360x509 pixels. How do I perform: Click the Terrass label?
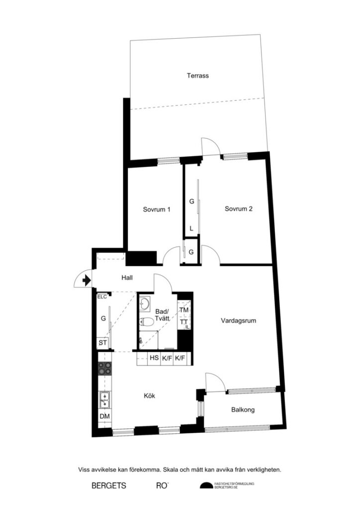tap(197, 76)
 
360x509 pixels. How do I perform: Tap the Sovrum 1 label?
tap(157, 209)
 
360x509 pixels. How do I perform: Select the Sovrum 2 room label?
tap(239, 209)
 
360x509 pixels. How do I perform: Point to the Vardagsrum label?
tap(239, 321)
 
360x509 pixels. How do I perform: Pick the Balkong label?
tap(243, 410)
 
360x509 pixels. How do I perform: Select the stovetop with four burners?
tap(104, 368)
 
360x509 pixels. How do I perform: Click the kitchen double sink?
tap(104, 397)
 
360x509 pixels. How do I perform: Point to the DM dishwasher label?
tap(104, 417)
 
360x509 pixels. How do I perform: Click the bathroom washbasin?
tap(145, 303)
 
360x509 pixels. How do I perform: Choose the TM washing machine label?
tap(184, 310)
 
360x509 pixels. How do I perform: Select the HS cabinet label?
tap(154, 358)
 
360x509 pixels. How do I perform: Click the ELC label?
tap(102, 297)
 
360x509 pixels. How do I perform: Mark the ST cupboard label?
tap(103, 343)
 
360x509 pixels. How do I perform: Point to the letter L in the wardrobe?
tap(191, 229)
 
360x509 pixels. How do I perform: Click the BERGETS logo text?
tap(109, 485)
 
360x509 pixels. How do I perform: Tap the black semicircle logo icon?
tap(206, 486)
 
